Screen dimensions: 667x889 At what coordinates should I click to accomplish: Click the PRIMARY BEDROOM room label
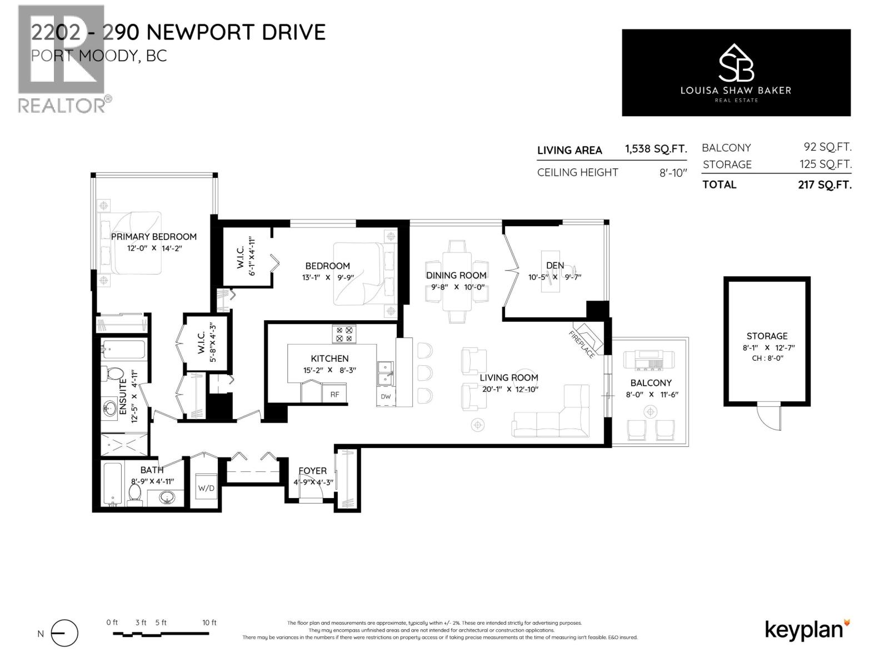point(154,236)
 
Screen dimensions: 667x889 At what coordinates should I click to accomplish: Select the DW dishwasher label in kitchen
point(386,397)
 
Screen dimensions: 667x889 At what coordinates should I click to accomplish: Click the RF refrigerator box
point(335,394)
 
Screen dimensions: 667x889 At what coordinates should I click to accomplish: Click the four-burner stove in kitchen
point(344,334)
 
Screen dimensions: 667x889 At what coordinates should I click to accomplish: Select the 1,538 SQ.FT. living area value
point(656,149)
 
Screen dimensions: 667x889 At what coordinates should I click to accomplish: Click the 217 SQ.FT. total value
point(824,185)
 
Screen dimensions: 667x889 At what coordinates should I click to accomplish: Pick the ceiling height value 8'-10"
point(673,172)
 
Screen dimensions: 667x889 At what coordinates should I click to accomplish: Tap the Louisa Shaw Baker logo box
point(736,73)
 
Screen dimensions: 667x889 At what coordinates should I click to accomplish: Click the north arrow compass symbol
point(64,633)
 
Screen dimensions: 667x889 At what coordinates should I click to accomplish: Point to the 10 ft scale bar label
point(209,623)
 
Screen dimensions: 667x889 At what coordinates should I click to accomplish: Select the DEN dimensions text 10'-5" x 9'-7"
point(555,276)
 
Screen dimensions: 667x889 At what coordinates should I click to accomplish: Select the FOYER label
point(312,470)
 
